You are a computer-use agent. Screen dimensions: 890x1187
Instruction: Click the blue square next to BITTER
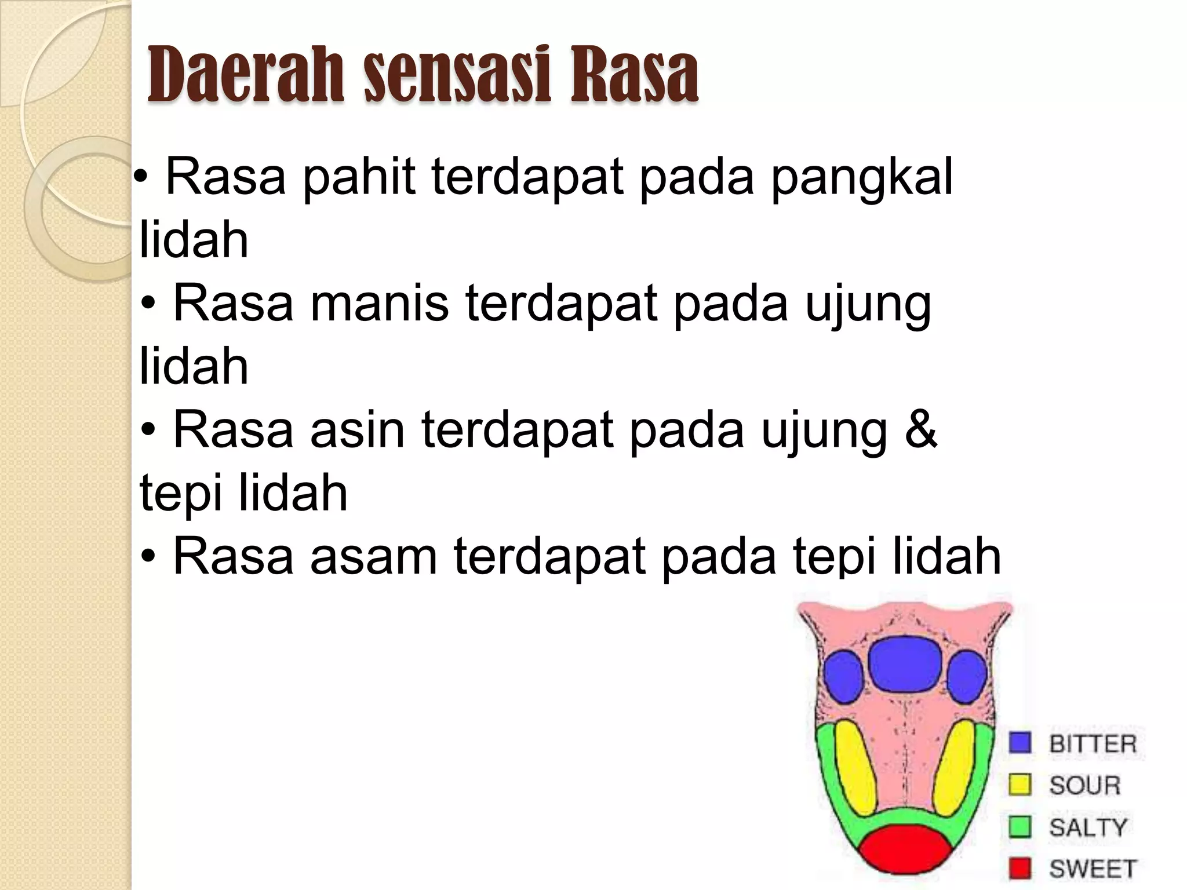point(1020,743)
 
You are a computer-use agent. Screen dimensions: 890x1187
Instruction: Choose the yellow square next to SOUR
point(1020,785)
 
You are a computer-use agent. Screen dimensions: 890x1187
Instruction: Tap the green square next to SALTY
point(1020,827)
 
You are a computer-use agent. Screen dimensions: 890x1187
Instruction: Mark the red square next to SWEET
point(1020,869)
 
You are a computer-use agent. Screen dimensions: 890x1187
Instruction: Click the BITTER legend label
point(1093,743)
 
